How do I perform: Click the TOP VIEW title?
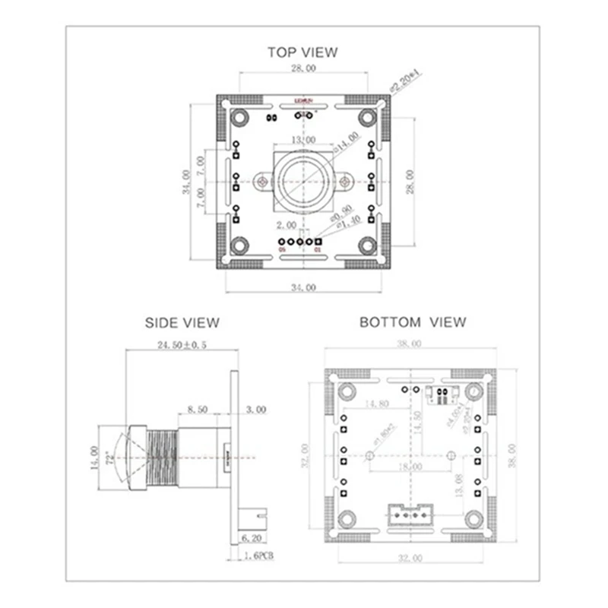point(302,52)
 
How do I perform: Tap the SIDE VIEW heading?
point(182,322)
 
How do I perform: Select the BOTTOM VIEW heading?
point(412,322)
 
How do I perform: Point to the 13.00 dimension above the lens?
point(303,141)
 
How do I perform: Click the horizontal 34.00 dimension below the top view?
point(302,287)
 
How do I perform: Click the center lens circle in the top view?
point(302,181)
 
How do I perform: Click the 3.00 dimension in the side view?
point(255,409)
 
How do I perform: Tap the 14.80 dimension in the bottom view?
point(378,404)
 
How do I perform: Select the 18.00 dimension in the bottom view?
point(413,466)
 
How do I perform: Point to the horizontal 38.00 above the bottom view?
point(410,344)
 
